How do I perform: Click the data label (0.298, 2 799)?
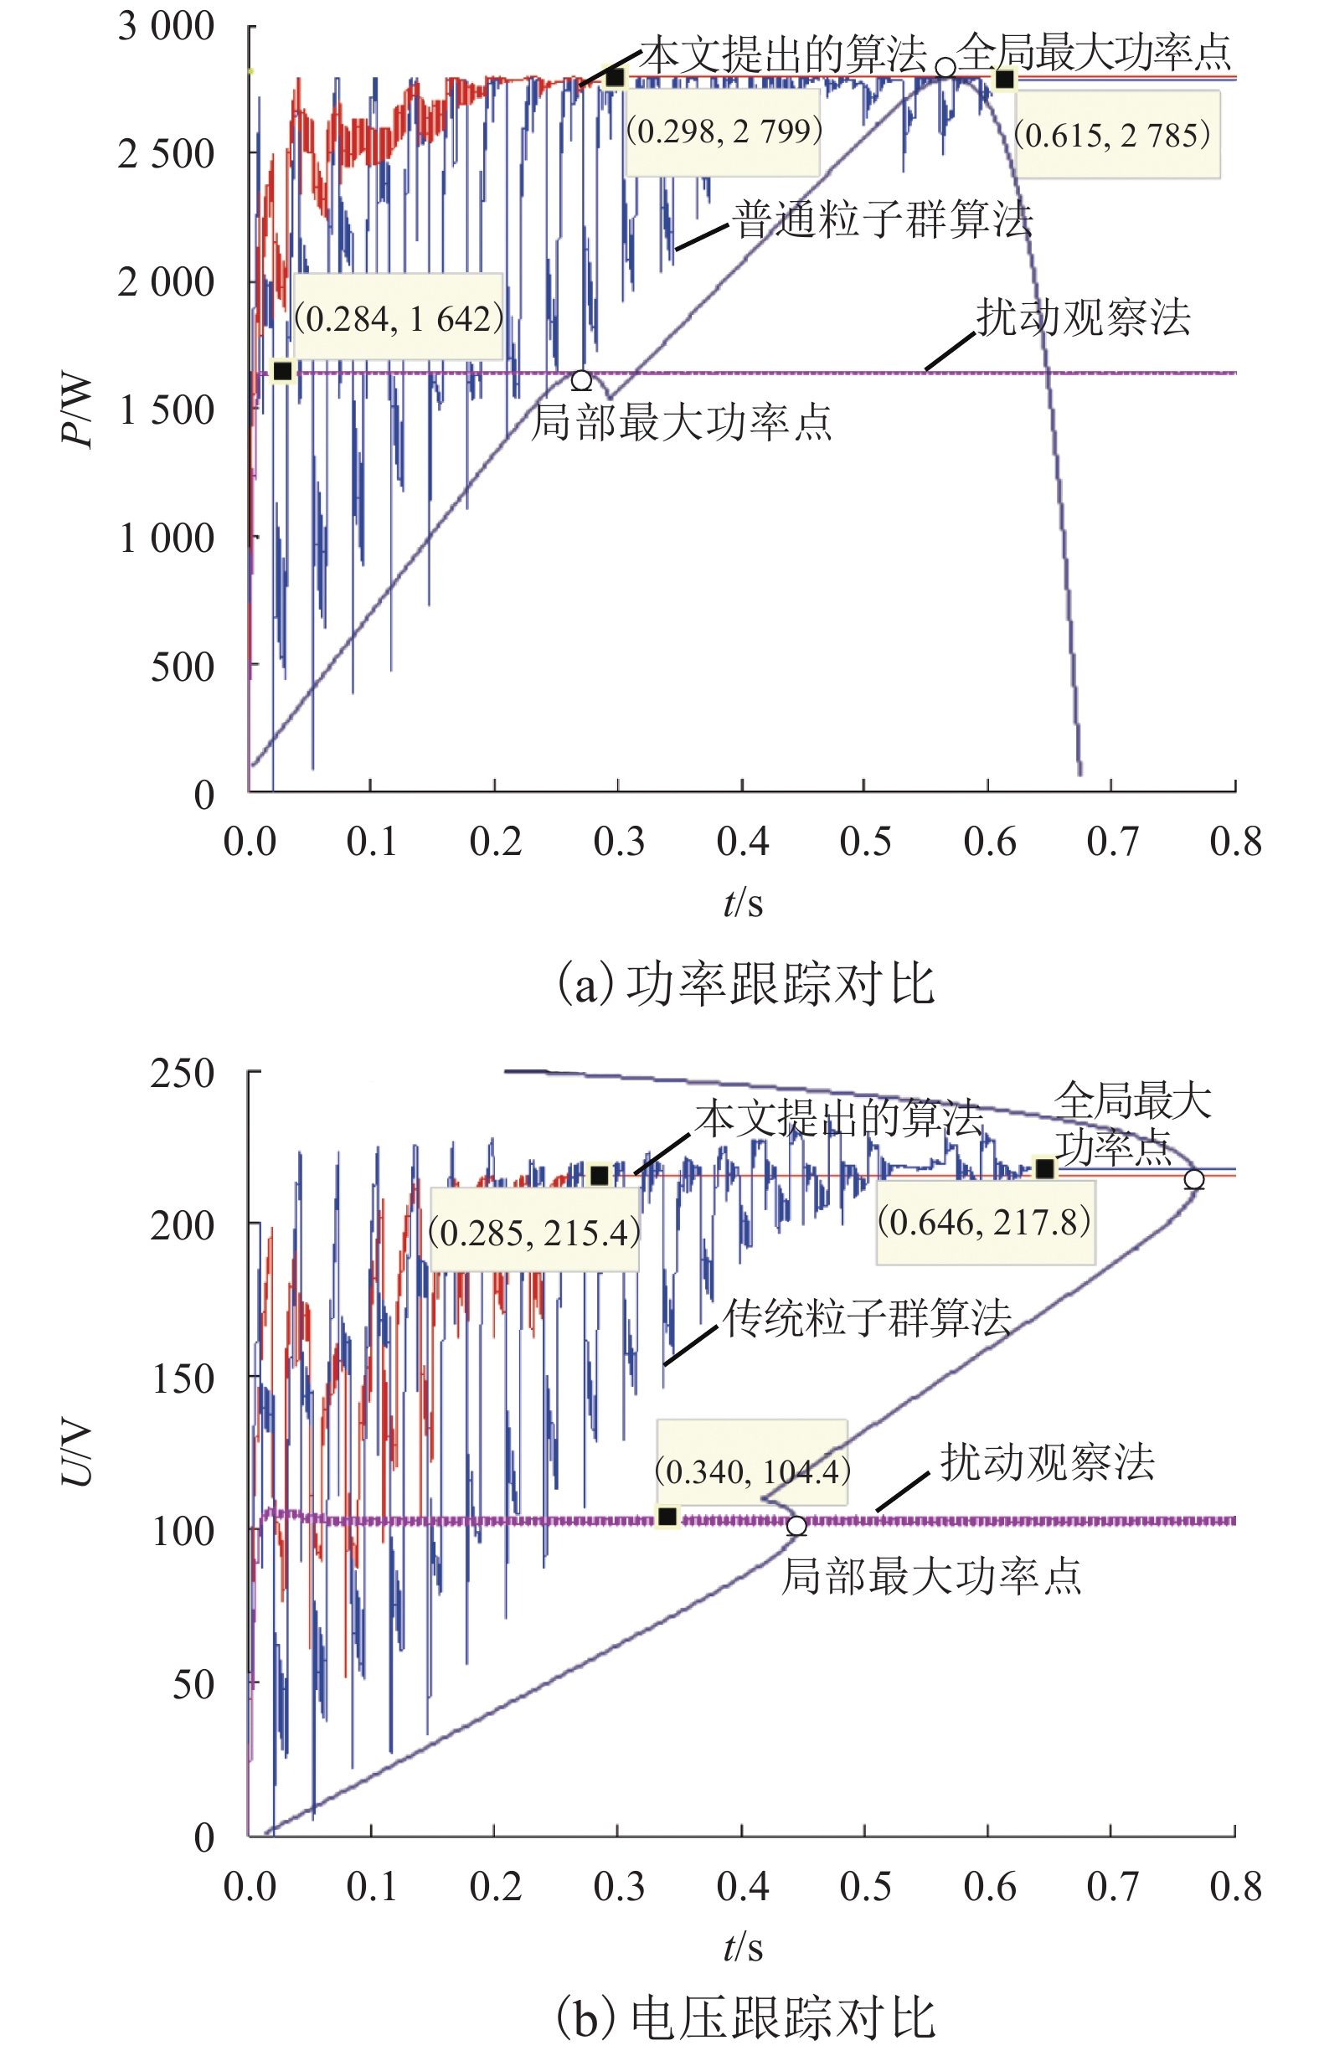[724, 131]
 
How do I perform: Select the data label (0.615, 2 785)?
[1112, 135]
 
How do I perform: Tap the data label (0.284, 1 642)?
[399, 318]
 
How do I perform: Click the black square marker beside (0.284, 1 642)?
[281, 371]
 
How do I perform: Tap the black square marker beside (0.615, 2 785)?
[1004, 80]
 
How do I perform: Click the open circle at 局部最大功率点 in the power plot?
[581, 380]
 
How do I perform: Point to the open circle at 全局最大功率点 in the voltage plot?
[1194, 1179]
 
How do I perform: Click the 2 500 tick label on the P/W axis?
[166, 154]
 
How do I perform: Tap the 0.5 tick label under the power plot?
[865, 842]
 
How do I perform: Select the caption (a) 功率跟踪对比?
[745, 984]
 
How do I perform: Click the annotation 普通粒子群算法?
[883, 220]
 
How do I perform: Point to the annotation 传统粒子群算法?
[867, 1318]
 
